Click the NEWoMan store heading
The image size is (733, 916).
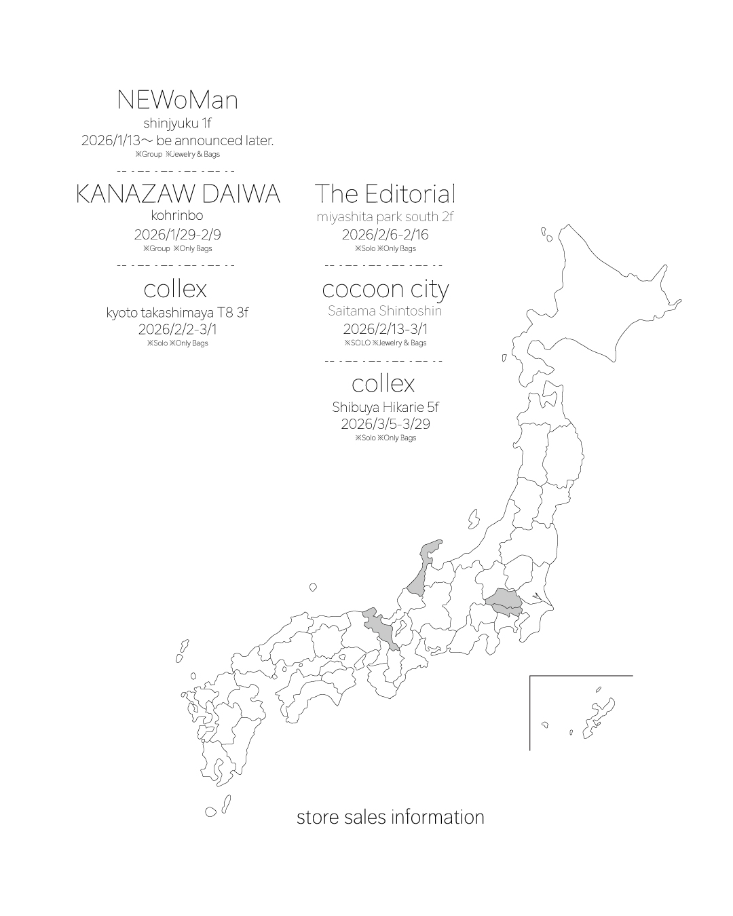177,100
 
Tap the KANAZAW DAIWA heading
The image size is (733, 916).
177,194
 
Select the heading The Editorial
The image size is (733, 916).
385,194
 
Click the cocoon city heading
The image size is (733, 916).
385,290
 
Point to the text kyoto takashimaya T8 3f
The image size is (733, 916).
177,313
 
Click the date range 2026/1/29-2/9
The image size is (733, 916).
177,235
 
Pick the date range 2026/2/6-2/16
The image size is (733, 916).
385,235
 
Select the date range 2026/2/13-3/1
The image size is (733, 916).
385,329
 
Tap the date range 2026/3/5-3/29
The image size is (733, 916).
385,423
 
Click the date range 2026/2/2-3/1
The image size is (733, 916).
177,329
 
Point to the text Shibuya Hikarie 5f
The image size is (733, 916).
385,407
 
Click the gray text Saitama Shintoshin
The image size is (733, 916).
385,311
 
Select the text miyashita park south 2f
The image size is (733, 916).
385,217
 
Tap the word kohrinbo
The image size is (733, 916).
177,216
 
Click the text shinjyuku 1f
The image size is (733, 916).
177,123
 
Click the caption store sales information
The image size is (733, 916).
390,817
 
